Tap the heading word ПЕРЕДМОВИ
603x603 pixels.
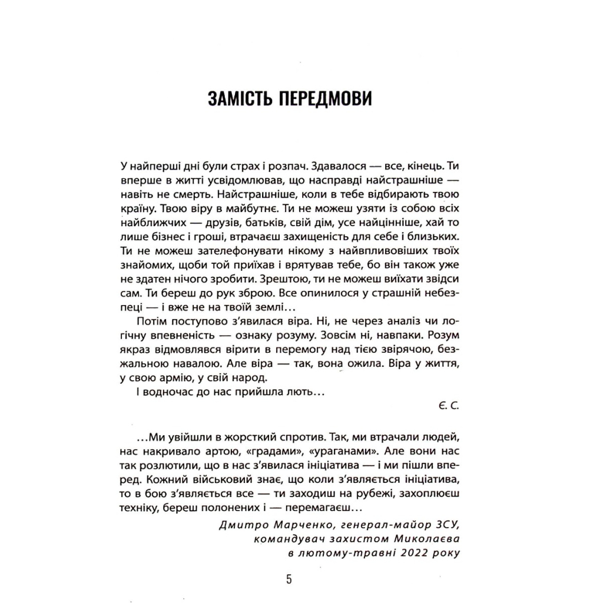tap(330, 98)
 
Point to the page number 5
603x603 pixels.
tap(289, 579)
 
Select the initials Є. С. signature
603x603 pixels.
tap(448, 406)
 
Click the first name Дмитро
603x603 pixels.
tap(243, 524)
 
